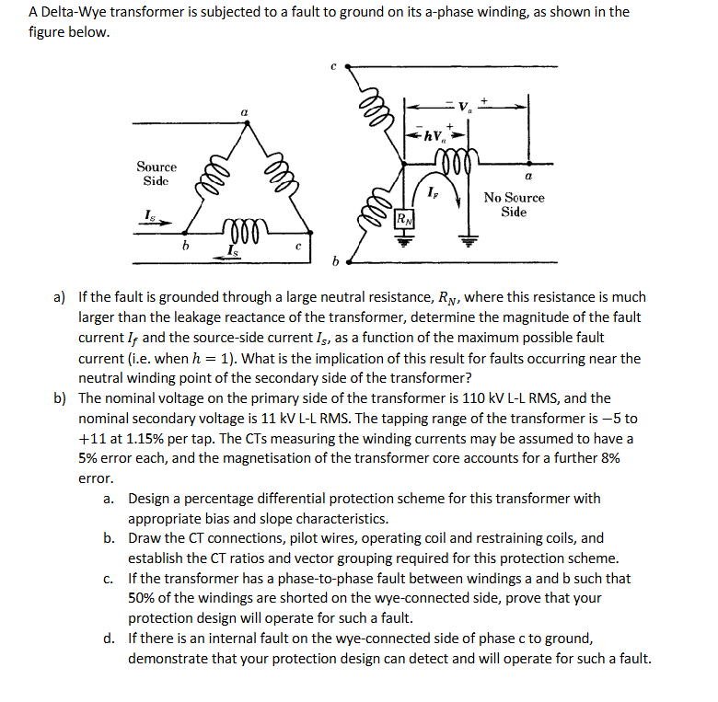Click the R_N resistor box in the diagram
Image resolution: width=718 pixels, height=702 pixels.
(x=403, y=219)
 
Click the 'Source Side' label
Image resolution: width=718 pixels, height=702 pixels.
(x=156, y=173)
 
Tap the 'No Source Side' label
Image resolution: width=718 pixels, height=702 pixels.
(x=514, y=204)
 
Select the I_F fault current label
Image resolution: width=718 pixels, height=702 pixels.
(x=433, y=191)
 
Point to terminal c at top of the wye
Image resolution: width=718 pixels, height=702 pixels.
(x=333, y=66)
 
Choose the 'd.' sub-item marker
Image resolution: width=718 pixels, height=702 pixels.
(x=110, y=639)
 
